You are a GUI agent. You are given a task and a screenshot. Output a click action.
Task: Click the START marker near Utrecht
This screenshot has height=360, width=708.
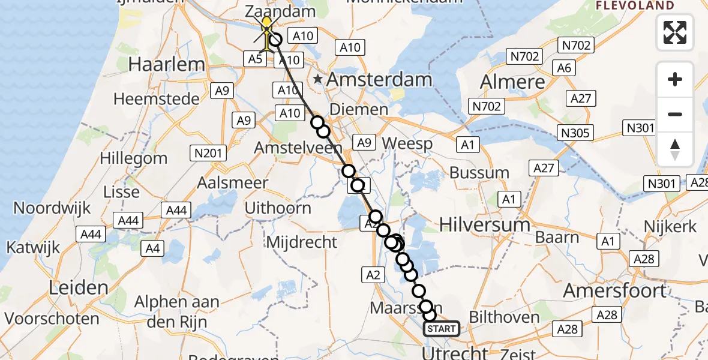point(442,329)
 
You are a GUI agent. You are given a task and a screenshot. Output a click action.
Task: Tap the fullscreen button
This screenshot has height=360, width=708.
point(675,32)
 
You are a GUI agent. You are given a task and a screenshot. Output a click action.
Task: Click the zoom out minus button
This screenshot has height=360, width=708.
point(675,114)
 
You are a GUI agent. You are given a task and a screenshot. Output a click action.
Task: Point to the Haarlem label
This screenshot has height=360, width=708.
point(167,64)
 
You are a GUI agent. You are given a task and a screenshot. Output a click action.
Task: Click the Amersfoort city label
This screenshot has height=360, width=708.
point(615,291)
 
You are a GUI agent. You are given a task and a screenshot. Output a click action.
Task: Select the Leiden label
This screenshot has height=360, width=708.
point(79,288)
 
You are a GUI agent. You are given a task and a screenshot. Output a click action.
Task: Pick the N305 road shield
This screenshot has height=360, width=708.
point(575,133)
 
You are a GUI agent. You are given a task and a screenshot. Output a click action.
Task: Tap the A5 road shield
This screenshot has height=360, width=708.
point(255,58)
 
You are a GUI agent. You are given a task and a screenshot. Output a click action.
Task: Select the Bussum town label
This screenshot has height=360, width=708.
point(479,173)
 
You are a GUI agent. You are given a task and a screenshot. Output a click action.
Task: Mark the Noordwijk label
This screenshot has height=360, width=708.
point(52,208)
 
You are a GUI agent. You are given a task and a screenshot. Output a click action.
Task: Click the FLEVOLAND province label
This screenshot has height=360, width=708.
point(635,5)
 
